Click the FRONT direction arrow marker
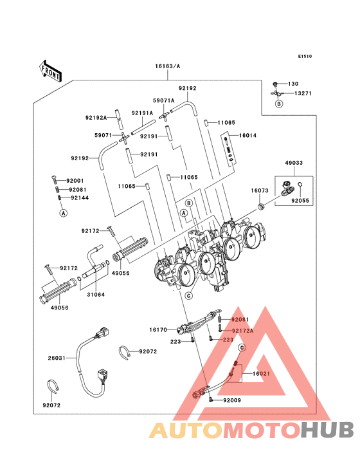pos(51,70)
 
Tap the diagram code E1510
pos(304,57)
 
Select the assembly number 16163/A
pos(167,66)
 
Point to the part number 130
pos(293,84)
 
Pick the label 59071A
pos(163,100)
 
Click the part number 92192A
pos(96,118)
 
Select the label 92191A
pos(142,113)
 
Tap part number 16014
pos(248,136)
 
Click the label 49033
pos(295,163)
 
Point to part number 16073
pos(260,191)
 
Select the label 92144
pos(79,198)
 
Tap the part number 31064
pos(96,295)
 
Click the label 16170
pos(158,329)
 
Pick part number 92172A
pos(243,331)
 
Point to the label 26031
pos(57,358)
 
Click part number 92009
pos(233,400)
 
